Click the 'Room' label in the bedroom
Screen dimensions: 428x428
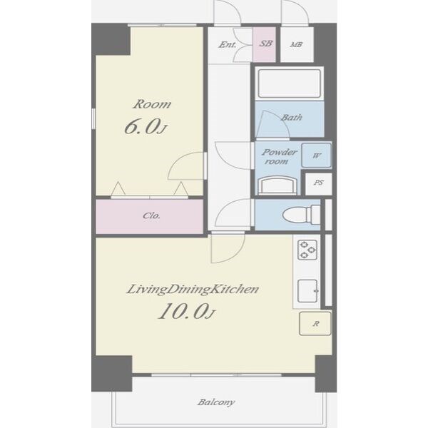(x=152, y=104)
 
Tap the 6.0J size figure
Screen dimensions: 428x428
(x=145, y=127)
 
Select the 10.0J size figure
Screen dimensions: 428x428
(x=187, y=311)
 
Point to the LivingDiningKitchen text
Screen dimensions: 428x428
(x=192, y=290)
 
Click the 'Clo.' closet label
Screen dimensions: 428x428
(x=151, y=216)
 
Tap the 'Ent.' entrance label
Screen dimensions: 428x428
(x=227, y=44)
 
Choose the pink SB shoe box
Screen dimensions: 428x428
(x=264, y=44)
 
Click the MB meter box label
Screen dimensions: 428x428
(x=296, y=44)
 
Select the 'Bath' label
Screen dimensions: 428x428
(x=292, y=118)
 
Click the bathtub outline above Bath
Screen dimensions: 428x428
(x=290, y=83)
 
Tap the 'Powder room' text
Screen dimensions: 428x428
(x=278, y=156)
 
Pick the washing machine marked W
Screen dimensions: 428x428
(x=316, y=156)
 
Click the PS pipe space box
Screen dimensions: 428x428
(x=319, y=183)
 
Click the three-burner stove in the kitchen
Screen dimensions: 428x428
(x=307, y=250)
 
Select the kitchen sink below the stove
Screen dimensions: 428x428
(x=307, y=291)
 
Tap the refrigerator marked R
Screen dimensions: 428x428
(x=315, y=324)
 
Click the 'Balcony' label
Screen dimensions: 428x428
(x=216, y=402)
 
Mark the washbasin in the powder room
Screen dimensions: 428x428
(x=277, y=185)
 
